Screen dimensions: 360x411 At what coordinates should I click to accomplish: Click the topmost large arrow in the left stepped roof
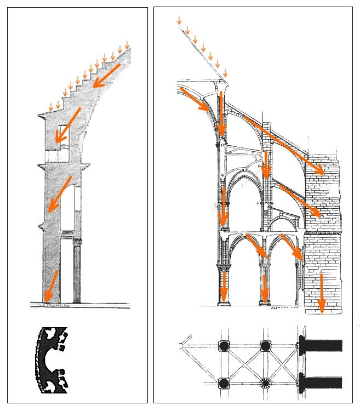(x=107, y=75)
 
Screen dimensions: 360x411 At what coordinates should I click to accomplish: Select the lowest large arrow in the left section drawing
(x=53, y=286)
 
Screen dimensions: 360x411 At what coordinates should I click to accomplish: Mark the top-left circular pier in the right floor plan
(x=224, y=346)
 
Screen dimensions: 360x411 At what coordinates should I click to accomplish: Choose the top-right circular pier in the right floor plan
(x=265, y=346)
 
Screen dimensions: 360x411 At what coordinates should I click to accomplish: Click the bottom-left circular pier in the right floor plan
(x=224, y=383)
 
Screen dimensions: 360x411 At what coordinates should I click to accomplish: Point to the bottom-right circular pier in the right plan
(x=265, y=383)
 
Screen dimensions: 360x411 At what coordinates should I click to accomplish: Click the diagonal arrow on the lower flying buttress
(x=299, y=201)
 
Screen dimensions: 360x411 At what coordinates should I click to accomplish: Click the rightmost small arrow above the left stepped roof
(x=128, y=44)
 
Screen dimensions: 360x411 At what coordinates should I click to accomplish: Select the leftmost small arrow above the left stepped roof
(x=51, y=106)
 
